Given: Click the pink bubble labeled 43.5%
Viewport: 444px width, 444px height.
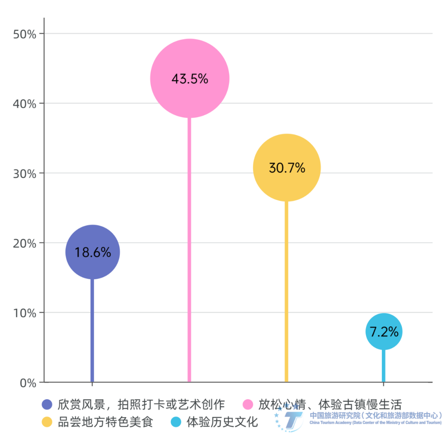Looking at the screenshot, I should [190, 79].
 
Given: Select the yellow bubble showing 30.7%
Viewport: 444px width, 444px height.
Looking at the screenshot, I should [287, 168].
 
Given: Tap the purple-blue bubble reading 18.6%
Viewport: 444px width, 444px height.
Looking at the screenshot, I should [92, 252].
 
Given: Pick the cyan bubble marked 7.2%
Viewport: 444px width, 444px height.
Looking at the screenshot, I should [384, 332].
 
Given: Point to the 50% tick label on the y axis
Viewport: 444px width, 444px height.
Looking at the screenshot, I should [25, 34].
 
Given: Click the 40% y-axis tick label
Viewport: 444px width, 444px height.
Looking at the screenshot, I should [25, 104].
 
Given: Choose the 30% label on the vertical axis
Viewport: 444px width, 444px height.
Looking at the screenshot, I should [25, 174].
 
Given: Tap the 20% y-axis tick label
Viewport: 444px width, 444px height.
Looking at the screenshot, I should [25, 243].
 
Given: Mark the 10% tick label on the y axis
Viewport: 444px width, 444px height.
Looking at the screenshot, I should [25, 313].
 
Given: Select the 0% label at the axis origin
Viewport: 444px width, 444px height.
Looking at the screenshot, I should [28, 383].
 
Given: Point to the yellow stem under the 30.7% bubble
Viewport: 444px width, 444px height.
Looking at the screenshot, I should [287, 292].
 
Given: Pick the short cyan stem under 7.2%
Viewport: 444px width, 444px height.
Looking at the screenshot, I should [384, 366].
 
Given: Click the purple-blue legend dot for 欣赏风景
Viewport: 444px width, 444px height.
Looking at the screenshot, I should [47, 405].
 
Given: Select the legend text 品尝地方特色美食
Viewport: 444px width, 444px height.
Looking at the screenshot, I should [105, 422].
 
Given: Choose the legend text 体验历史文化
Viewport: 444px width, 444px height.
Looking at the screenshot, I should [222, 422].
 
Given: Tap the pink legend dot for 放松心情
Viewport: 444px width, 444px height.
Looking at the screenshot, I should [248, 405].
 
